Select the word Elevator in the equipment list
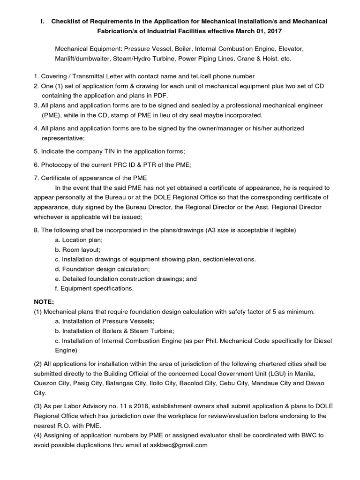[290, 49]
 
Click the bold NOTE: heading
[44, 302]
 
